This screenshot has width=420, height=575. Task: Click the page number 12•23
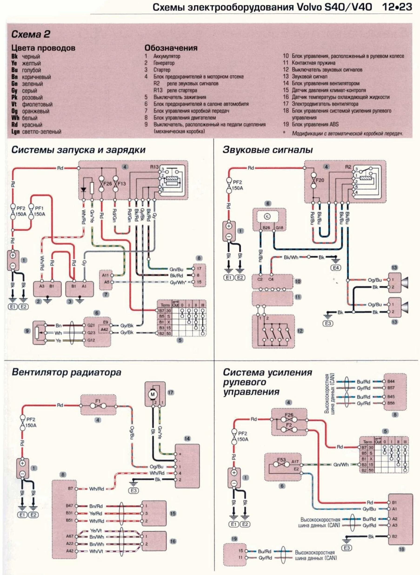click(x=397, y=7)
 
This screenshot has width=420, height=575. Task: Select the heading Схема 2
click(x=30, y=34)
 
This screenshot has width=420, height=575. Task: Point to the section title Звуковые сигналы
click(x=268, y=150)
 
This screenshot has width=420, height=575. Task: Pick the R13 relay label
click(x=154, y=167)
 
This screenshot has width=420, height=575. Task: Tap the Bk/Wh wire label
click(x=291, y=257)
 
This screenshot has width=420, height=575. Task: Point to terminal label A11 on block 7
click(x=105, y=275)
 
